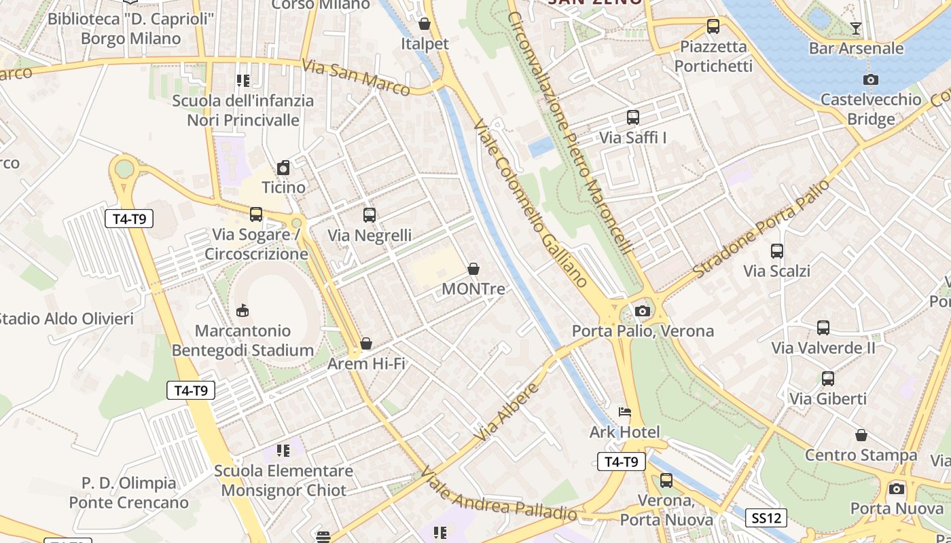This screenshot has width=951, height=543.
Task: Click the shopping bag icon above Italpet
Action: click(425, 24)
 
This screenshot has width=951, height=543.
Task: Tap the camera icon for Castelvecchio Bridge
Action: click(870, 79)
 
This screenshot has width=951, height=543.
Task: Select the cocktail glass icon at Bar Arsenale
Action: click(855, 28)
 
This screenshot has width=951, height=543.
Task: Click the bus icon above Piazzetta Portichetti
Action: click(713, 26)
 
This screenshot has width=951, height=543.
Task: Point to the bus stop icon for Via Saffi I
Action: click(632, 117)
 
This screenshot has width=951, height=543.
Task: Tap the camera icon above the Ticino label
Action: click(283, 168)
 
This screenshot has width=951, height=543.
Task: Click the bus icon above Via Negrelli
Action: click(369, 215)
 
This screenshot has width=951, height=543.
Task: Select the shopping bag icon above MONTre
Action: click(473, 269)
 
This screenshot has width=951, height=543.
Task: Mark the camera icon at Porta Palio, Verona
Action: click(642, 312)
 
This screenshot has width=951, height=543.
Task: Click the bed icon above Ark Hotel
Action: click(624, 412)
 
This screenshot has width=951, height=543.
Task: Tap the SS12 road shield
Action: click(766, 519)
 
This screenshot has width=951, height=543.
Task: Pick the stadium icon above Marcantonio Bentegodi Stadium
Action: click(241, 311)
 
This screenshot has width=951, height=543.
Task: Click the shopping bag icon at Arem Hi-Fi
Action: click(365, 344)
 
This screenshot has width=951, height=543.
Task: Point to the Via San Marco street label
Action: click(356, 78)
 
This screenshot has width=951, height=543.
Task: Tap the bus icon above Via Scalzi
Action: click(776, 251)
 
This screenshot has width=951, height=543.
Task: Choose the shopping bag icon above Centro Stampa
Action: click(861, 435)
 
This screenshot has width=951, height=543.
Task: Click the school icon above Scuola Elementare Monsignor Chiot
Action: click(283, 451)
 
